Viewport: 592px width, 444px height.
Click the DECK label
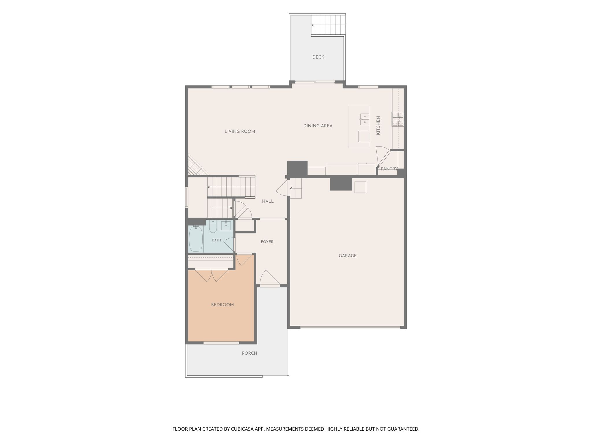pos(318,57)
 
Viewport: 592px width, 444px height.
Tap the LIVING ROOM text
pos(240,132)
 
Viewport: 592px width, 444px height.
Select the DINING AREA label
pos(318,126)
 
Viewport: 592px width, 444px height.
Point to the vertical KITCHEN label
pos(378,125)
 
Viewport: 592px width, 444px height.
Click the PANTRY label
pos(389,169)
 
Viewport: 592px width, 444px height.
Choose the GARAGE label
pos(348,256)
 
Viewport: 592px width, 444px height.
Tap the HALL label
pos(268,201)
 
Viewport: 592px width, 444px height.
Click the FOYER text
pos(267,242)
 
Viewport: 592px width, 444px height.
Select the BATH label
pos(217,240)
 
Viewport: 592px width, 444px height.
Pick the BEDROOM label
pos(223,305)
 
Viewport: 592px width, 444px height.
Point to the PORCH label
pos(249,353)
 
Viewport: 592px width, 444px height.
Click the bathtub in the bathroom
pos(196,239)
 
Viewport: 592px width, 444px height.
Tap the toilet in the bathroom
pos(213,226)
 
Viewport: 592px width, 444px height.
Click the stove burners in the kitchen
pos(398,119)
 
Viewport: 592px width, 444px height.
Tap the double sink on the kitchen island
pos(365,119)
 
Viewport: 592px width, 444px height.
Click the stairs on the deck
pos(328,25)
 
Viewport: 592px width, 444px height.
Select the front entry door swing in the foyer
pos(270,277)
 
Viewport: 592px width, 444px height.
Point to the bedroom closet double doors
pos(212,275)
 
